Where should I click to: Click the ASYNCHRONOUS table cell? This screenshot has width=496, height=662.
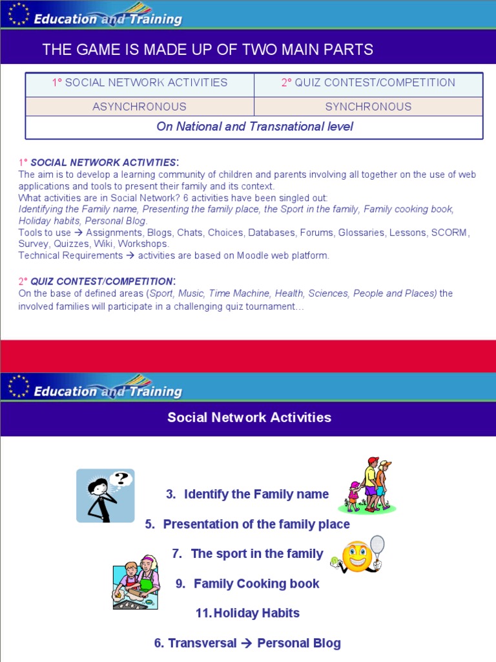pyautogui.click(x=139, y=107)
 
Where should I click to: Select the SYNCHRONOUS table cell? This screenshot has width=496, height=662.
pyautogui.click(x=368, y=107)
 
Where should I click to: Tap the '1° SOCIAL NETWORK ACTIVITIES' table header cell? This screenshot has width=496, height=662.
pyautogui.click(x=139, y=83)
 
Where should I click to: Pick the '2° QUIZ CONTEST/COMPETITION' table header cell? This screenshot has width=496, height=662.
pyautogui.click(x=368, y=83)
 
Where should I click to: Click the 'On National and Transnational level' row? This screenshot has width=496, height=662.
pyautogui.click(x=254, y=127)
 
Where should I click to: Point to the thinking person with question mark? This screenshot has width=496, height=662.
pyautogui.click(x=105, y=496)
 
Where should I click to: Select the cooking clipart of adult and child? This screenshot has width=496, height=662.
pyautogui.click(x=136, y=582)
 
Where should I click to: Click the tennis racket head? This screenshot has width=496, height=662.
pyautogui.click(x=377, y=544)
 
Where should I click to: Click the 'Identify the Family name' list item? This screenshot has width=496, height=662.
pyautogui.click(x=256, y=495)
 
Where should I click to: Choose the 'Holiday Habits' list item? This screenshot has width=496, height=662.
pyautogui.click(x=256, y=613)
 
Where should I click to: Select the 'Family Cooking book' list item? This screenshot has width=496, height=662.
pyautogui.click(x=256, y=584)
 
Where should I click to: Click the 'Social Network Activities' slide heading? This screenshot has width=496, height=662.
pyautogui.click(x=249, y=418)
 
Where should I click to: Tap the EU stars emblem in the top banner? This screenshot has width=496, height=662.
pyautogui.click(x=19, y=14)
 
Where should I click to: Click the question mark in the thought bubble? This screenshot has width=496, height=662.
pyautogui.click(x=119, y=479)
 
